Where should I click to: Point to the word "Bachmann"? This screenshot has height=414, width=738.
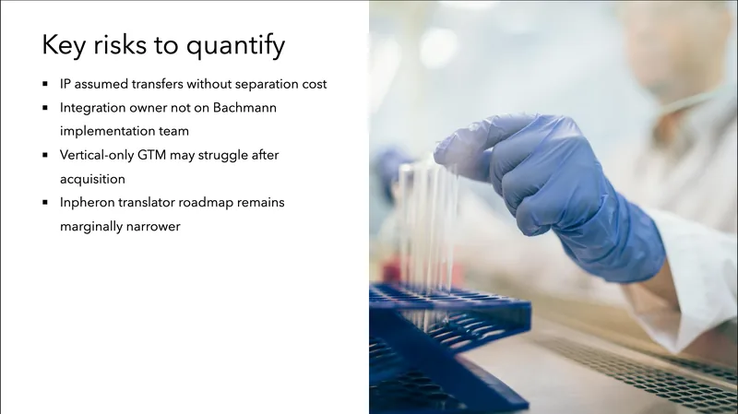click(244, 108)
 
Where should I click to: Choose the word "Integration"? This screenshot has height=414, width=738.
click(92, 108)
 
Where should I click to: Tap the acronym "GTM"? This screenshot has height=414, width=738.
click(162, 155)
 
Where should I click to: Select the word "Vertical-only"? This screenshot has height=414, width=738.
click(100, 155)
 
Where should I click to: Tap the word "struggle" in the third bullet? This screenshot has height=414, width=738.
click(226, 155)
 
